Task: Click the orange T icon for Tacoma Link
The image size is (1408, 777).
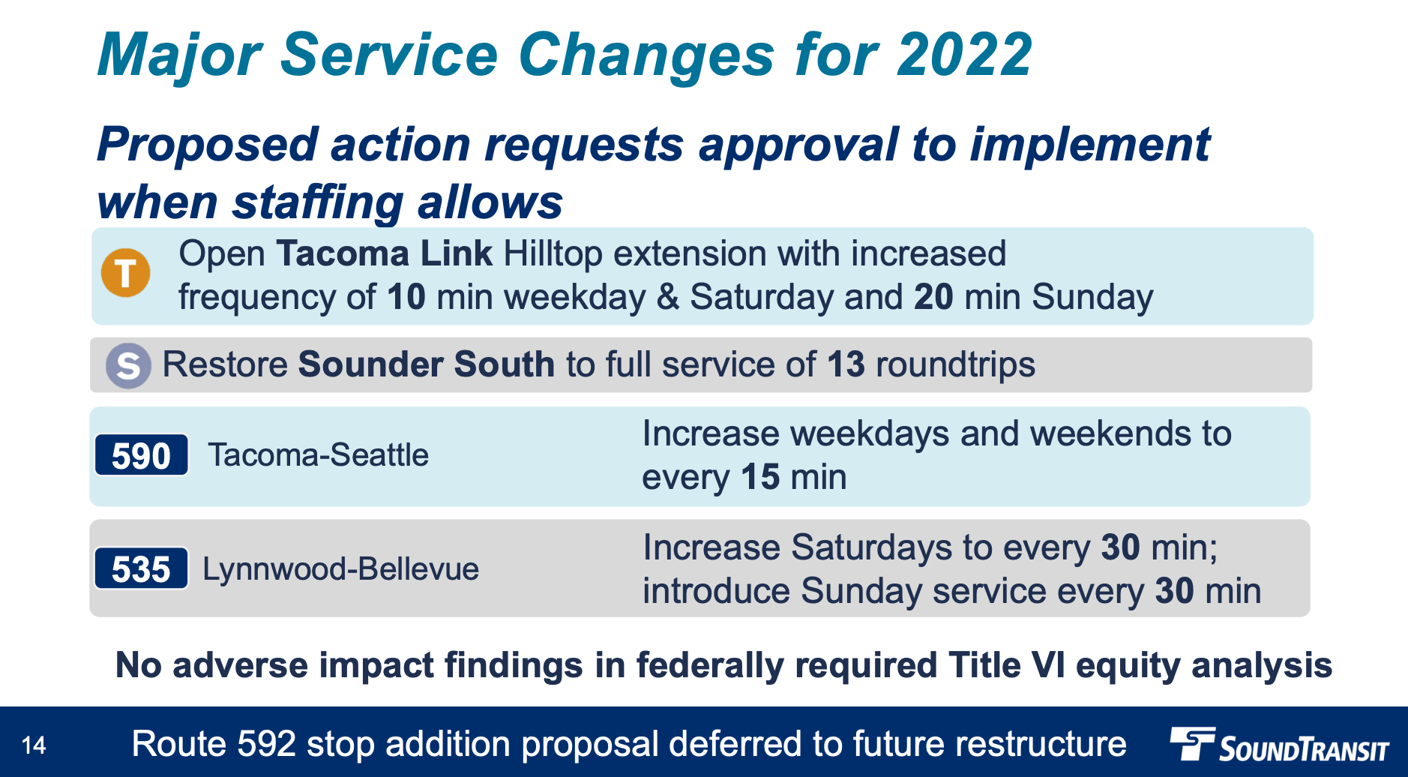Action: [126, 272]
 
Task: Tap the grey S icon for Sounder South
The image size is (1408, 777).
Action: [128, 365]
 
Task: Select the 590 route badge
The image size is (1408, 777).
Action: [141, 455]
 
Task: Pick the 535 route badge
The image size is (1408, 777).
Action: [141, 568]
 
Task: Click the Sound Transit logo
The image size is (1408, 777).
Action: [1280, 745]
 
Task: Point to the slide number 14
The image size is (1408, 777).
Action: [34, 745]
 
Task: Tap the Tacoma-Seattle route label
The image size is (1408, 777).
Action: [319, 455]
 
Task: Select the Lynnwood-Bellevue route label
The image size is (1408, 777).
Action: [341, 569]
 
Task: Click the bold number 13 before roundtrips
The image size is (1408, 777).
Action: [846, 365]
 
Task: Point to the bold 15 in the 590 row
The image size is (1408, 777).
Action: [760, 478]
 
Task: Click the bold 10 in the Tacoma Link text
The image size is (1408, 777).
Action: [406, 297]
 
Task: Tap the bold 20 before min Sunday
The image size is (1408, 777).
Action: [933, 297]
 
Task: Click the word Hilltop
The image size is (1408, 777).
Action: [553, 254]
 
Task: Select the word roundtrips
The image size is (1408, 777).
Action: [955, 365]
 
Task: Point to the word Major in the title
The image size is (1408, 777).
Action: [179, 56]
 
